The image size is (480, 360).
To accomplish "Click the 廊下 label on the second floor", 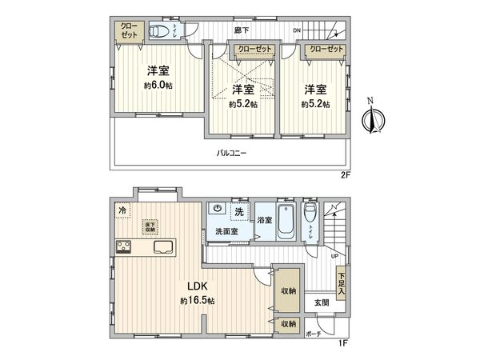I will (240, 30).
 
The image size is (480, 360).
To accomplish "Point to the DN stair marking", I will (297, 30).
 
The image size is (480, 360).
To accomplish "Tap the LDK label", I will (198, 286).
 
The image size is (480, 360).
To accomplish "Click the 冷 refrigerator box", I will (122, 210).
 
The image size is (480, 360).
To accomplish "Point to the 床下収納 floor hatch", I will (149, 227).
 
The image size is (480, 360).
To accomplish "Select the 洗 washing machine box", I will (238, 211).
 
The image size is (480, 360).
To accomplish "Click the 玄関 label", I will (321, 302).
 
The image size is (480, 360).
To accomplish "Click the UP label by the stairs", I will (334, 256).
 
